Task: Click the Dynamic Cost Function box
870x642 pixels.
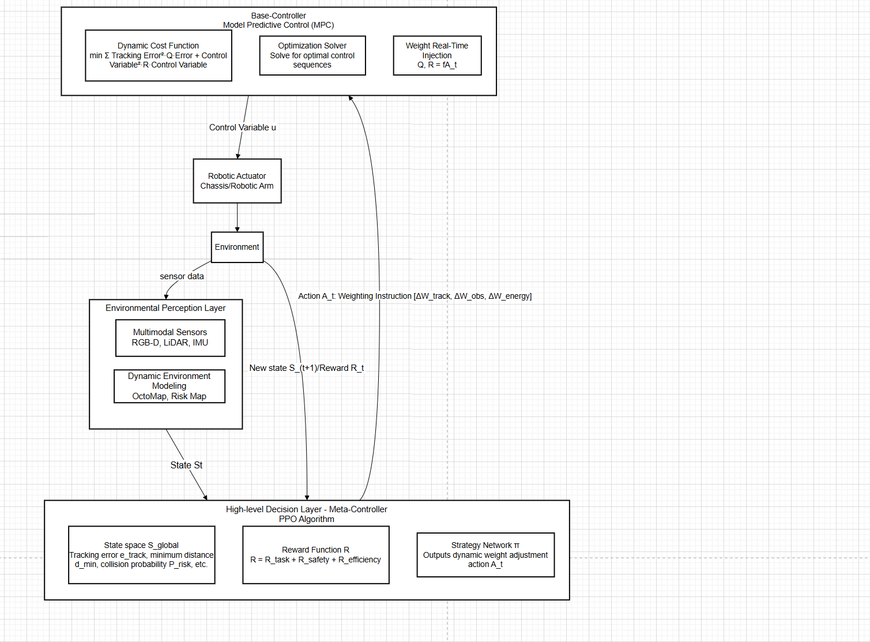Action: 158,55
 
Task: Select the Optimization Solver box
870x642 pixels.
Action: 312,55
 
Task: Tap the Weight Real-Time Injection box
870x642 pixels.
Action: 437,55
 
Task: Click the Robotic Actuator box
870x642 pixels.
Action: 237,181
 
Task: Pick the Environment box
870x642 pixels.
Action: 237,247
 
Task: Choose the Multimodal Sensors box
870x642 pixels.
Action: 170,337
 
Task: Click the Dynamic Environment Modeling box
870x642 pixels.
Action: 170,386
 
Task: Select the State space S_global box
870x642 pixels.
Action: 141,554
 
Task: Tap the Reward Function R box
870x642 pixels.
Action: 315,554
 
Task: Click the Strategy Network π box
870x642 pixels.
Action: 485,554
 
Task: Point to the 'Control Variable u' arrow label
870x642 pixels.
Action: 242,127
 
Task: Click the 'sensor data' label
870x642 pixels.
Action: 182,276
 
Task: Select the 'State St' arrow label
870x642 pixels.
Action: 186,465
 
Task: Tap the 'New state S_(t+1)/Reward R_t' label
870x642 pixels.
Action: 306,368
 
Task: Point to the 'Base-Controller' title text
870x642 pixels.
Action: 278,16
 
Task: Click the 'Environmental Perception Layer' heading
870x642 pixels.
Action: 165,308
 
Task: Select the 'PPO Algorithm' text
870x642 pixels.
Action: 306,519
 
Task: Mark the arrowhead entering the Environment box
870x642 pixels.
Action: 237,229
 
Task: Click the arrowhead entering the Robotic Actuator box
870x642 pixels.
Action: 238,156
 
